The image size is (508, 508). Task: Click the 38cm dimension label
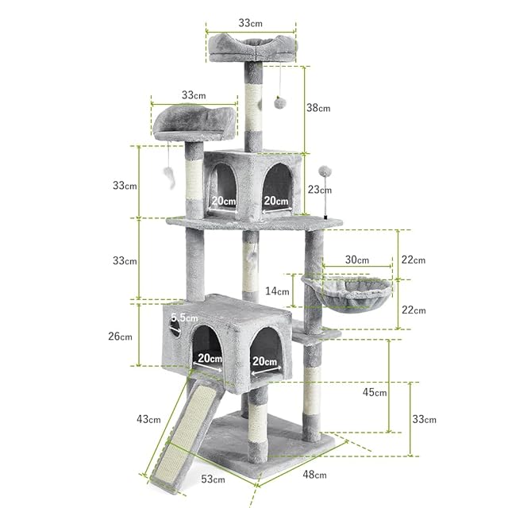(x=318, y=108)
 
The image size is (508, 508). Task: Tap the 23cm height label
(x=320, y=189)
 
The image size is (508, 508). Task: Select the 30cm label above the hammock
(x=356, y=260)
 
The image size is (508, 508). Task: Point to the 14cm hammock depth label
(x=277, y=291)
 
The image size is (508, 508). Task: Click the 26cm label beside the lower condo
(x=120, y=336)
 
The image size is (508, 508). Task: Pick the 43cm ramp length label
(x=148, y=419)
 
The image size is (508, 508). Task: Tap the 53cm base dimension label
(x=213, y=479)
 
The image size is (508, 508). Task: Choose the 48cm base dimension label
(x=314, y=475)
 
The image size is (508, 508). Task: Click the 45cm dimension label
(x=375, y=392)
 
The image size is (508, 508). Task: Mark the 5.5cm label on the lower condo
(x=184, y=317)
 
